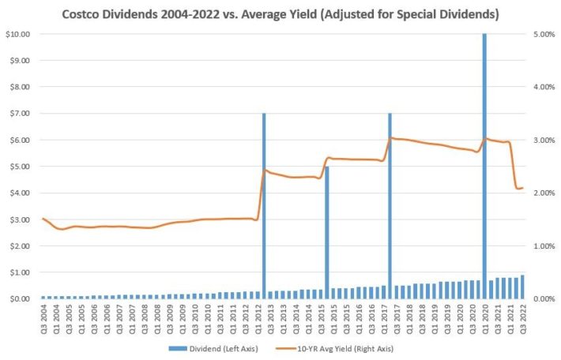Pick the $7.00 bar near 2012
coord(263,205)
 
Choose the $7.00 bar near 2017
coord(390,205)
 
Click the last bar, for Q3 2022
coord(521,287)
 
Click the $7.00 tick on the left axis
coord(20,114)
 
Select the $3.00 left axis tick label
coord(20,219)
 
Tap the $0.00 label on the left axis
coord(20,299)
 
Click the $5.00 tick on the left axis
coord(20,167)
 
